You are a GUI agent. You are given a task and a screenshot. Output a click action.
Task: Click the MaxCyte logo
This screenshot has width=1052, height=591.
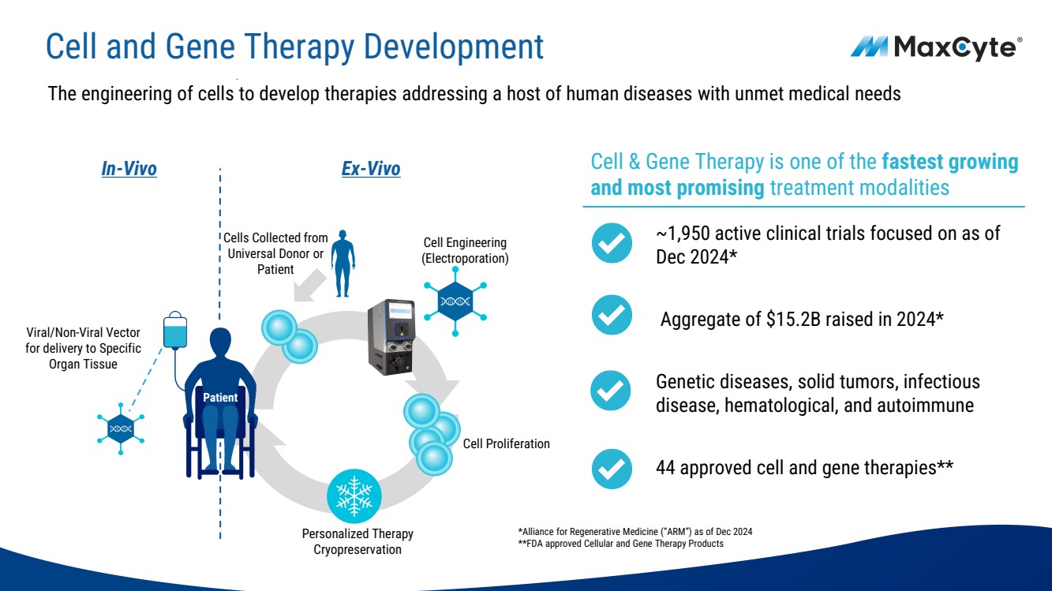click(x=936, y=48)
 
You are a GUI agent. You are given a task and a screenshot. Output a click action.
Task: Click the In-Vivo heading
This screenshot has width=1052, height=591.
click(x=129, y=169)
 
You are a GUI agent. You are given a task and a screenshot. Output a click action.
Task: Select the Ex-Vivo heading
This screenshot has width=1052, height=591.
click(x=371, y=169)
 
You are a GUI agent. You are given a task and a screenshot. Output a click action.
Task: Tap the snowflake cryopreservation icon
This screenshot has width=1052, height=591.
click(x=354, y=496)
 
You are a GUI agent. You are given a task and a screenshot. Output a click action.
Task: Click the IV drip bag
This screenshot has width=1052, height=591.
click(x=175, y=332)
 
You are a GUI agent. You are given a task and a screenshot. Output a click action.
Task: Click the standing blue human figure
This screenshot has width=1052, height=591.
click(x=343, y=264)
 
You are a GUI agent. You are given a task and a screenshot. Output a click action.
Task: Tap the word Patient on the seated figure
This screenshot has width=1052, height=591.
click(x=219, y=398)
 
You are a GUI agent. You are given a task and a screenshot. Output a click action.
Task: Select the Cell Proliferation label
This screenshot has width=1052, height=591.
click(x=506, y=444)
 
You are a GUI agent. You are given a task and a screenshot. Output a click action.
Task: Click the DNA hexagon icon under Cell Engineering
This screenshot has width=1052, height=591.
click(x=455, y=301)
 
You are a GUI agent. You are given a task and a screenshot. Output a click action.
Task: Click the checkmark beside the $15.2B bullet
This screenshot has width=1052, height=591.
click(x=612, y=315)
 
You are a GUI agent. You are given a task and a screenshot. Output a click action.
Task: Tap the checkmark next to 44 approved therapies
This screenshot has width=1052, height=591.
click(x=612, y=469)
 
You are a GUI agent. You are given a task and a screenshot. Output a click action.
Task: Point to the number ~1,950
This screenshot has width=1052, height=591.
click(x=686, y=234)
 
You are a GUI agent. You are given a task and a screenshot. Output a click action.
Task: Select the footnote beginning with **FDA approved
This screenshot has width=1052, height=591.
click(x=620, y=544)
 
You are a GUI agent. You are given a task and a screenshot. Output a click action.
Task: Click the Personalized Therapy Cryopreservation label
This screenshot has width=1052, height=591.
click(x=358, y=541)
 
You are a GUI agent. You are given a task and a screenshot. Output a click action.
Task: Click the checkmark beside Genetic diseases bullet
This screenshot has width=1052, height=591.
click(x=612, y=391)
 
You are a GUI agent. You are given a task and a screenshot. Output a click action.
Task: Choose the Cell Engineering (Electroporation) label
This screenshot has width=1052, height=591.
click(x=465, y=250)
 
